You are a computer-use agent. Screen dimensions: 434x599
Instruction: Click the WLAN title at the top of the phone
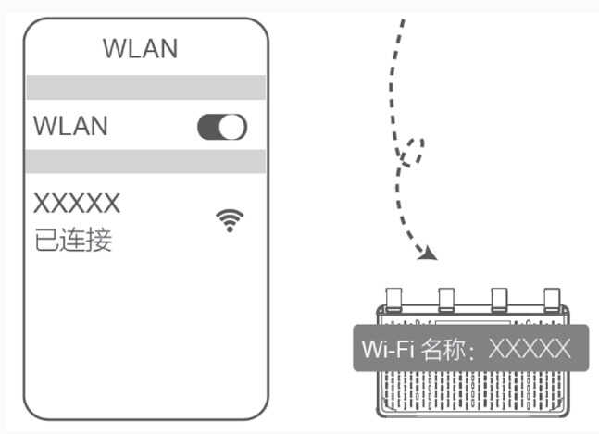pos(140,48)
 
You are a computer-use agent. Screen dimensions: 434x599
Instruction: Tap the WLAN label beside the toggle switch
pos(70,126)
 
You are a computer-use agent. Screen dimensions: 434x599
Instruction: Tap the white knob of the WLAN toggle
pos(234,127)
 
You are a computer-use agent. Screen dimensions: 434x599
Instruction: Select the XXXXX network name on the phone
pos(77,203)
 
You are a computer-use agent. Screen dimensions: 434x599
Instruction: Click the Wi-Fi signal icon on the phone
pos(230,220)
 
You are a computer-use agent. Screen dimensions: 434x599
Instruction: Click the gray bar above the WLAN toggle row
pos(145,88)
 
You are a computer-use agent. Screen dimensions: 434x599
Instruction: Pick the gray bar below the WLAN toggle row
pos(145,161)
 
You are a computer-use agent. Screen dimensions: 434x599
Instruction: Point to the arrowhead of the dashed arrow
pos(429,253)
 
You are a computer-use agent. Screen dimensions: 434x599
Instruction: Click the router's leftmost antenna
pos(392,298)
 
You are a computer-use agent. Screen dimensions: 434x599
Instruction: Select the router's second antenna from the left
pos(445,298)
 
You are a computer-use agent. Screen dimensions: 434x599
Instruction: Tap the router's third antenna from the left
pos(499,298)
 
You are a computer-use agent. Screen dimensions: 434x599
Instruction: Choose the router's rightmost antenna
pos(553,298)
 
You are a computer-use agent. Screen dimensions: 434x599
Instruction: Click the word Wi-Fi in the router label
pos(388,349)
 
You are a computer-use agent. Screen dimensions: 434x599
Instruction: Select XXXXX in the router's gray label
pos(530,349)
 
